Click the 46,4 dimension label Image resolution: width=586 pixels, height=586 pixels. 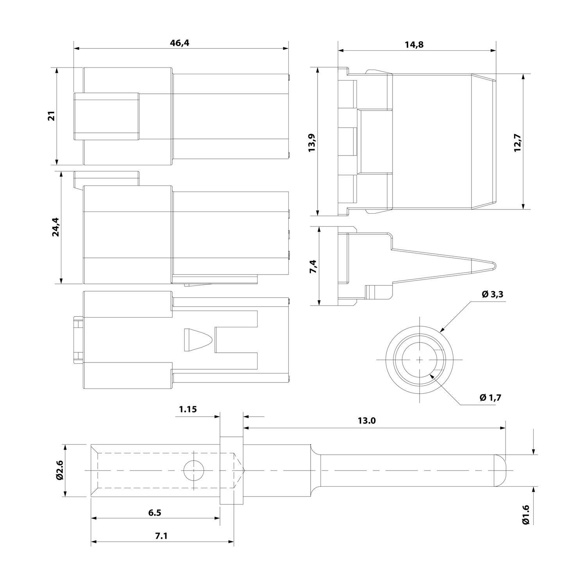[x=179, y=43]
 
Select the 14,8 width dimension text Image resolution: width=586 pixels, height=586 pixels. [x=414, y=45]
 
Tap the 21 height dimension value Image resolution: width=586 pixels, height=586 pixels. [x=52, y=116]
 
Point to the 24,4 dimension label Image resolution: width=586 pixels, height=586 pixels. [x=56, y=227]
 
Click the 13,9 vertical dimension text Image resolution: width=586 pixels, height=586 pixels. [x=312, y=143]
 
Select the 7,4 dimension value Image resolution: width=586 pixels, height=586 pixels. [x=313, y=266]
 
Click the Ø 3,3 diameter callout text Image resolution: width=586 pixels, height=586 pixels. [x=492, y=295]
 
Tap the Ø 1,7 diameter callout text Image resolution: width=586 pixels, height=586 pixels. [x=490, y=398]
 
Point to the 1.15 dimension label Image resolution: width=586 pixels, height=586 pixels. [x=188, y=409]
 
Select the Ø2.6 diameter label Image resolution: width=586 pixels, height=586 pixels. [x=59, y=471]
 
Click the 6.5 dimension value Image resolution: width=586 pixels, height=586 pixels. [x=155, y=513]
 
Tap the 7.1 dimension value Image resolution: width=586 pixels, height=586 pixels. [x=161, y=536]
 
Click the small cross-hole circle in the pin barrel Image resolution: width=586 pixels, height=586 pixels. [x=194, y=470]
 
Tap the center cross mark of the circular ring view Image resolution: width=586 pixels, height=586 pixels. [x=419, y=359]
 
